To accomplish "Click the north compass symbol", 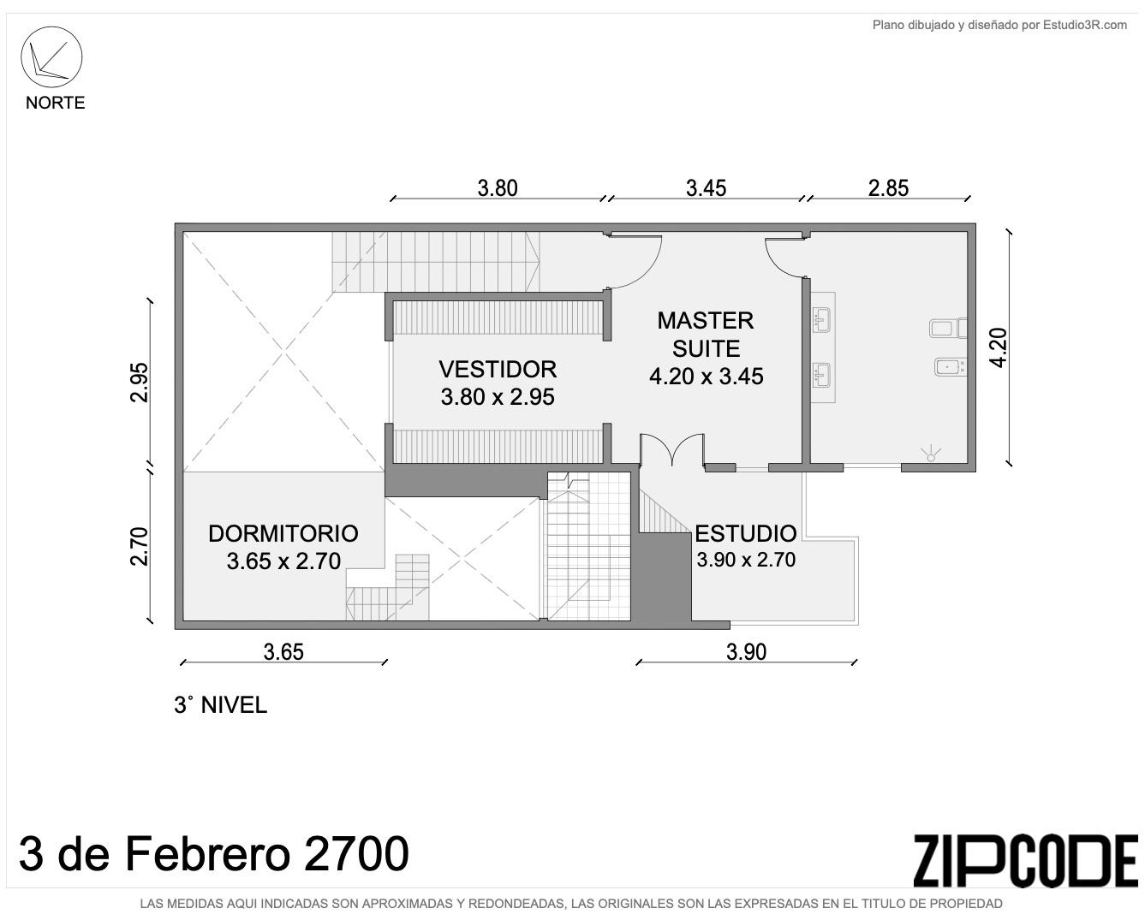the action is point(51,56).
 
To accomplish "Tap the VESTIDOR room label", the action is point(498,369).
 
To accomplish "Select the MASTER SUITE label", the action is point(706,335).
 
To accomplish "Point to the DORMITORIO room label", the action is point(283,533).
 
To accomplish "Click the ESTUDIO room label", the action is point(745,533).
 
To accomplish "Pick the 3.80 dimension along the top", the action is point(498,188).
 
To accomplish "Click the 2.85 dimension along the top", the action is point(888,188).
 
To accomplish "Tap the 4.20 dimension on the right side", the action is point(999,347).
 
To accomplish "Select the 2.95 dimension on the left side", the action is point(140,383).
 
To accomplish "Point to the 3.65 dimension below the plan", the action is point(283,652).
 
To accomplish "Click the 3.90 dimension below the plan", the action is point(747,652).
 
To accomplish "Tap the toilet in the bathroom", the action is point(948,328).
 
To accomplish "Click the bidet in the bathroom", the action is point(950,367).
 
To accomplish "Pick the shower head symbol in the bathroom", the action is point(931,454).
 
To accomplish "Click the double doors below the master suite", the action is point(672,450).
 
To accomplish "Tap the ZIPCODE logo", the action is point(1025,861).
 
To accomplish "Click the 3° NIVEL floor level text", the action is point(220,705).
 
